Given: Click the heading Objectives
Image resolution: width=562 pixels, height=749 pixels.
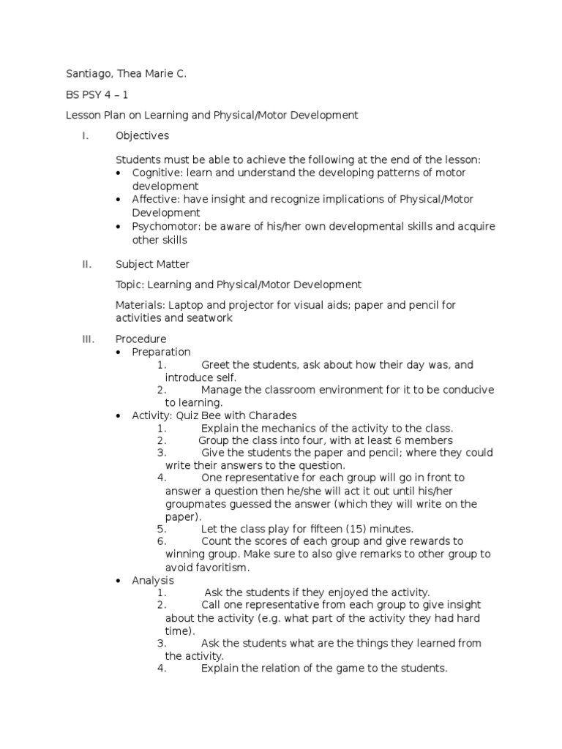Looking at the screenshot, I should point(142,135).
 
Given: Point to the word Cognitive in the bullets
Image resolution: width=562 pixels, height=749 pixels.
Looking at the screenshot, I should point(156,173).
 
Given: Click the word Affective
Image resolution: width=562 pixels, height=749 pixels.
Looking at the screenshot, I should point(154,199).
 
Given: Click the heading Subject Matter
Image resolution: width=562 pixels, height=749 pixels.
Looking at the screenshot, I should point(152,265).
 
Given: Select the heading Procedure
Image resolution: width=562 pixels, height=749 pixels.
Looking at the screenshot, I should point(140,339).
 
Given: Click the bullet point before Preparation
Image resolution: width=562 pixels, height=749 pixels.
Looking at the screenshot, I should point(120,353).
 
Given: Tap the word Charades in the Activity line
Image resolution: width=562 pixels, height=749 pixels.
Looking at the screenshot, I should point(272,415).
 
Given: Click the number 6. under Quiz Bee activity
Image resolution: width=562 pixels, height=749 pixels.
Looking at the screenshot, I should point(162,541).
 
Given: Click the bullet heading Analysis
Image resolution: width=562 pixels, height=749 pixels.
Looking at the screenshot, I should point(153,580).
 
